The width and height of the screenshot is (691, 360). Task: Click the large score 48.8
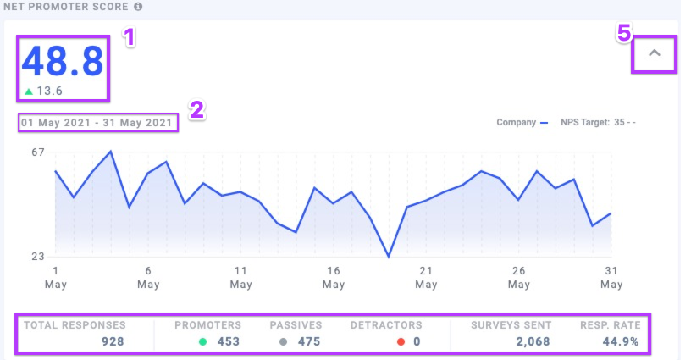(63, 61)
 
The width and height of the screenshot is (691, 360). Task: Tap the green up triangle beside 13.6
(29, 91)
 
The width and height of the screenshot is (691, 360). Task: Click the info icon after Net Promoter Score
(138, 7)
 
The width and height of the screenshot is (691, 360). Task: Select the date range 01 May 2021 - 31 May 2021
(98, 123)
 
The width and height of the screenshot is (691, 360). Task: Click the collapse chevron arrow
(655, 54)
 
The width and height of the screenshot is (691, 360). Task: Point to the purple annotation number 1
(130, 37)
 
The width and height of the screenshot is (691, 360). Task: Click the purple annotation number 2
(196, 110)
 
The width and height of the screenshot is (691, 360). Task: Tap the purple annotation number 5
(623, 33)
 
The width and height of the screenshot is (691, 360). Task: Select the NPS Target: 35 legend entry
(598, 122)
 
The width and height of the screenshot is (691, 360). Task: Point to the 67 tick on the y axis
(36, 152)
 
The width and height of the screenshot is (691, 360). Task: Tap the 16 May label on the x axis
(334, 277)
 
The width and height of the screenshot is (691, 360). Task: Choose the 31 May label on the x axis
(611, 277)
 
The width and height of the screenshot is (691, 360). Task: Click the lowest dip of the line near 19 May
(389, 257)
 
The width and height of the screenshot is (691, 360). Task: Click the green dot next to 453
(203, 342)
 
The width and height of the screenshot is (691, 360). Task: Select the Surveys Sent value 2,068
(533, 341)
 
